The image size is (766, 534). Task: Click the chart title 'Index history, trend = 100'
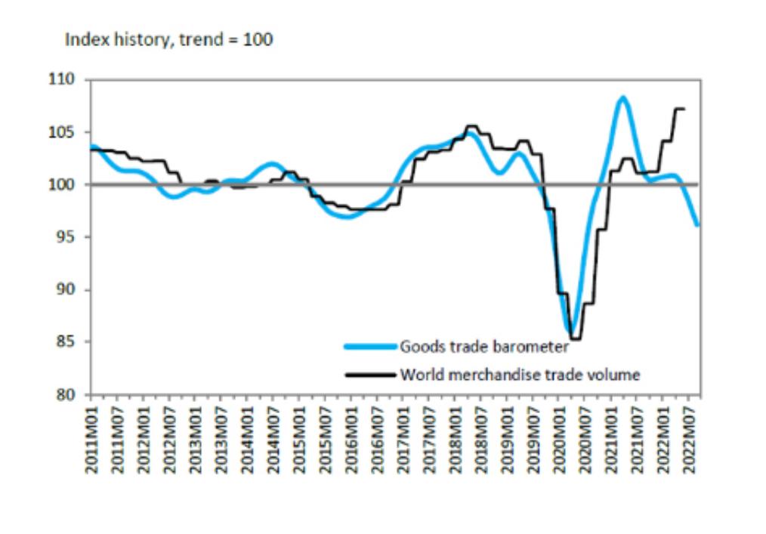[168, 40]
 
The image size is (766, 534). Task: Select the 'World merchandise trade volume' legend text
[520, 374]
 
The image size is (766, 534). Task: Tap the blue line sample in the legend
[369, 347]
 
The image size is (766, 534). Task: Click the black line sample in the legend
[369, 374]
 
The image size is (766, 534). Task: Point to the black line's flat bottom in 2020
[576, 339]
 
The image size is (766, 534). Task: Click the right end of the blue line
[697, 224]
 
